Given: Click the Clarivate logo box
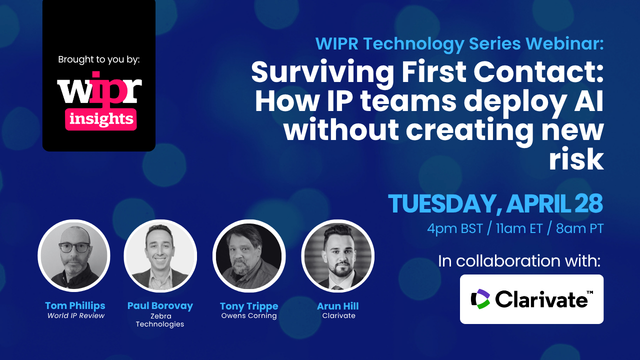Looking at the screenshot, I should tap(531, 299).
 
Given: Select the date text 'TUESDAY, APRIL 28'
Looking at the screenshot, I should tap(495, 204).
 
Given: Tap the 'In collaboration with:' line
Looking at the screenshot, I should tap(520, 261).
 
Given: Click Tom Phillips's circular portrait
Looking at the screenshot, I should tap(74, 256).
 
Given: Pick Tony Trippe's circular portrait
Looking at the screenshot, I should tap(244, 256).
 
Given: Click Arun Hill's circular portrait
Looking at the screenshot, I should tap(330, 256).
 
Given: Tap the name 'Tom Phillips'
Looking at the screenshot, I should tap(74, 305).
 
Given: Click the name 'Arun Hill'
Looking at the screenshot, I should tap(330, 305).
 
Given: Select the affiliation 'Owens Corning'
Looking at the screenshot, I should tap(244, 316).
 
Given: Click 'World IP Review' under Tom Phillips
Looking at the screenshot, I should tap(74, 316).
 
